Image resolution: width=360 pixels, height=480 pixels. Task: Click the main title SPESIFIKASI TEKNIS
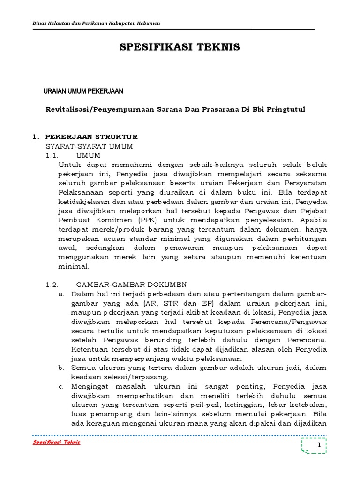pyautogui.click(x=180, y=47)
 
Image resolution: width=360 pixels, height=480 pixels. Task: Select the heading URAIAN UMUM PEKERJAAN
pyautogui.click(x=83, y=91)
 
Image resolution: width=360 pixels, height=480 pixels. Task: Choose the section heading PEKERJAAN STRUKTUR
pyautogui.click(x=91, y=137)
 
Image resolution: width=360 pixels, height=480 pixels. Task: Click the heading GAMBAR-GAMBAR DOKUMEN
pyautogui.click(x=132, y=285)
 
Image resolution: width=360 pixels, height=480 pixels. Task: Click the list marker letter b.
pyautogui.click(x=61, y=368)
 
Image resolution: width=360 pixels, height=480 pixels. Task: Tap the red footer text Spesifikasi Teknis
pyautogui.click(x=56, y=442)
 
